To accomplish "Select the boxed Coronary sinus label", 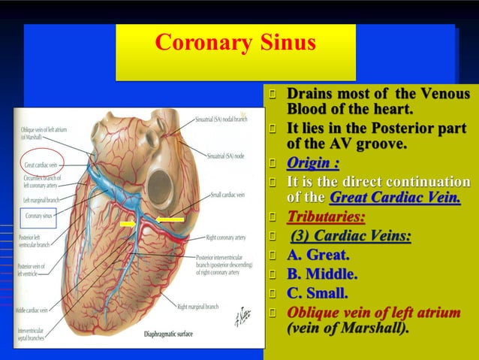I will tap(38, 216).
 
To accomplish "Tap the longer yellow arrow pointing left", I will tap(170, 220).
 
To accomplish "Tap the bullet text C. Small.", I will tap(318, 293).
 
